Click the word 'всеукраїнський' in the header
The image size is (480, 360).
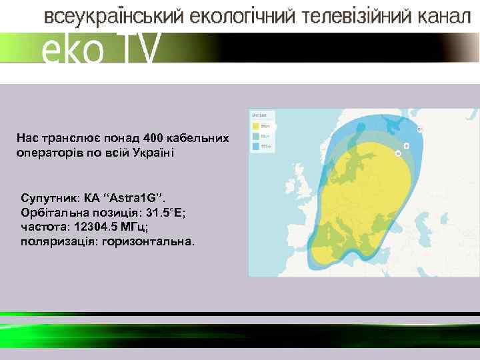113,17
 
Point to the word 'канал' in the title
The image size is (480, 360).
441,17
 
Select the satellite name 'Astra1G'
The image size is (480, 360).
137,199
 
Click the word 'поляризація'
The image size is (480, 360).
57,242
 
